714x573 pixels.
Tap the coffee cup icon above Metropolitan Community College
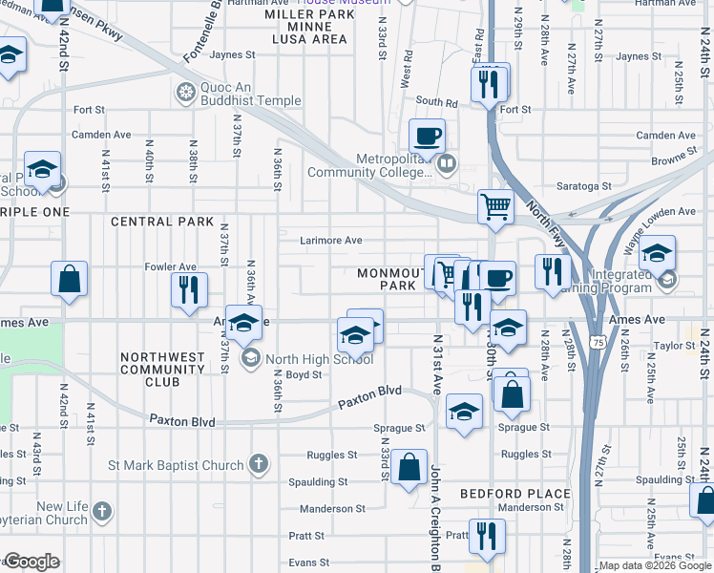(428, 135)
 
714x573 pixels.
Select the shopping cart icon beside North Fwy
(495, 205)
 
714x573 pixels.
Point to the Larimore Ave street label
(331, 241)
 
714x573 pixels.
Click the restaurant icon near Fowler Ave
(188, 289)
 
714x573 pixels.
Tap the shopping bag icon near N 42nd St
(71, 280)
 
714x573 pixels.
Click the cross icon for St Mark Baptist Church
(256, 465)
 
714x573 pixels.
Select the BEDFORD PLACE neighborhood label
(514, 494)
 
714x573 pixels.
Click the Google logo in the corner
(31, 562)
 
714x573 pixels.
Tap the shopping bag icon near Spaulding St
(409, 468)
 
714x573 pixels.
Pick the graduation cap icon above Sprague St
(465, 411)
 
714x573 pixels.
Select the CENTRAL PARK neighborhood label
(156, 222)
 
